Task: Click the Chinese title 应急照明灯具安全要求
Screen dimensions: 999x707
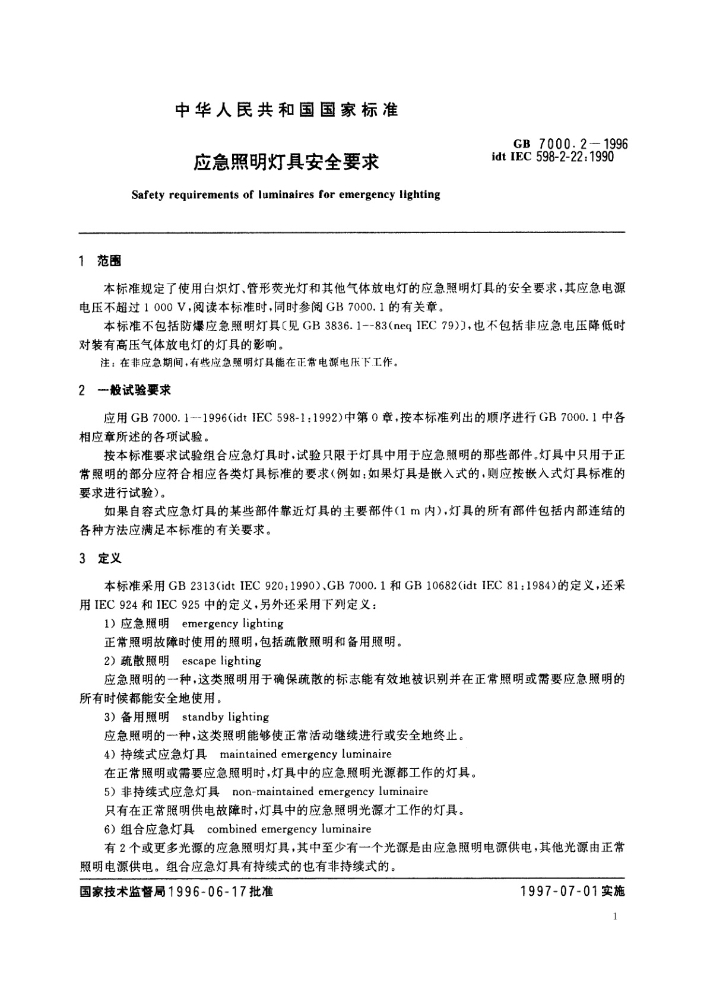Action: [x=286, y=161]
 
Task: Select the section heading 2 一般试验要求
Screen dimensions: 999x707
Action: [x=125, y=390]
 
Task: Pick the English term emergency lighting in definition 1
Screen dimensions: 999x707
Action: [x=233, y=623]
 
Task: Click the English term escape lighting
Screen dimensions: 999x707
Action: [x=221, y=661]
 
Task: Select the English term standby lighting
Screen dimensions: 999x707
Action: [x=226, y=717]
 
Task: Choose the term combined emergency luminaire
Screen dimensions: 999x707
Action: [x=289, y=829]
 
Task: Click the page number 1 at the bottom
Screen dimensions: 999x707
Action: [x=614, y=917]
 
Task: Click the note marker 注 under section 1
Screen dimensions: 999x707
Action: [x=108, y=362]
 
